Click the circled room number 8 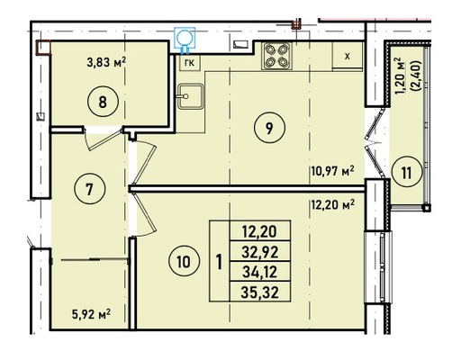(x=103, y=102)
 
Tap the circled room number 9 (x=269, y=128)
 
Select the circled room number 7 (x=89, y=190)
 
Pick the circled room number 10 (x=184, y=262)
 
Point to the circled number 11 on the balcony (x=407, y=173)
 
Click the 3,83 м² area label (x=106, y=63)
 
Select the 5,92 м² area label (x=91, y=315)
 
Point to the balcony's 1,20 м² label (x=402, y=76)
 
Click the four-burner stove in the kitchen (x=276, y=56)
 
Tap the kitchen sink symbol (x=191, y=96)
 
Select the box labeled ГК (x=190, y=63)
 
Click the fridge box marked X (x=348, y=57)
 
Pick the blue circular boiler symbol (x=185, y=39)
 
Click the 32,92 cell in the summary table (x=260, y=251)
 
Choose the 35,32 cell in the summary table (x=260, y=292)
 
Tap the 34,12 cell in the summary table (x=260, y=272)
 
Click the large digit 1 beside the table (x=220, y=262)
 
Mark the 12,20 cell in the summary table (x=260, y=231)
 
